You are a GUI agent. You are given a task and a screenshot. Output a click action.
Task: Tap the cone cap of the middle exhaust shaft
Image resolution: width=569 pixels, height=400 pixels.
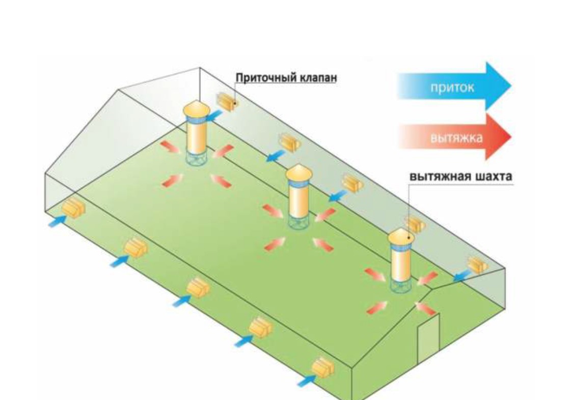(x=299, y=174)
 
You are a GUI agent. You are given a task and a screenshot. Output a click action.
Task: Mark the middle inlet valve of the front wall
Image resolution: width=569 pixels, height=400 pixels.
(x=198, y=288)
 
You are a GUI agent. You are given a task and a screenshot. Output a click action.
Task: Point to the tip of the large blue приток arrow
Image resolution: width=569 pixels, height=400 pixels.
(x=511, y=87)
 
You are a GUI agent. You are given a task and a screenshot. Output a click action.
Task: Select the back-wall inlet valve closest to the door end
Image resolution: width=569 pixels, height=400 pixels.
(x=476, y=264)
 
